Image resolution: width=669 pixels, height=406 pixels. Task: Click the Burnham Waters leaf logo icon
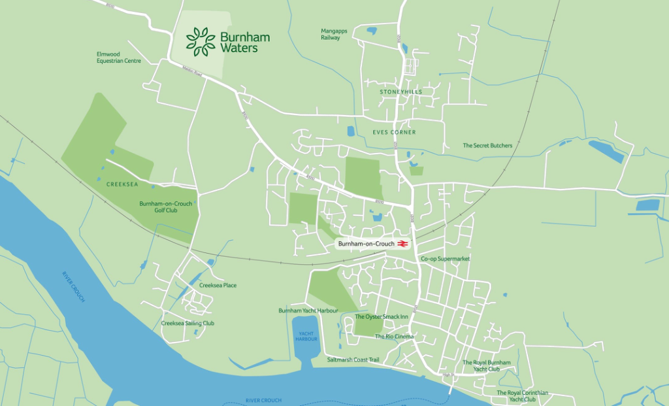[x=201, y=41]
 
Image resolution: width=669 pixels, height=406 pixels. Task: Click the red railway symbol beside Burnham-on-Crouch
[x=404, y=244]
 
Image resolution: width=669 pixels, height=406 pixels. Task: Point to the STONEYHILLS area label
[x=401, y=92]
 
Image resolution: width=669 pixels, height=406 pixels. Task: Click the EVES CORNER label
[x=394, y=133]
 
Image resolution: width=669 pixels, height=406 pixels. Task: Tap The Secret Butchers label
[x=487, y=145]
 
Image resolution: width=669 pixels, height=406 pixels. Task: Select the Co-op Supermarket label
[x=446, y=259]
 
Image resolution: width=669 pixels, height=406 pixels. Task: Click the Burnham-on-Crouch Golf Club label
[x=166, y=207]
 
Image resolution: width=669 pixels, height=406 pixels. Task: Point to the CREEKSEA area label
[x=122, y=184]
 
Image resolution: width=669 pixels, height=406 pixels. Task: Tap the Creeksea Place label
[x=218, y=285]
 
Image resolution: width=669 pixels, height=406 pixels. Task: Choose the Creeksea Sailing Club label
[x=188, y=323]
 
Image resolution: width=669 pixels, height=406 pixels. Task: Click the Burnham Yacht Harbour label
[x=308, y=311]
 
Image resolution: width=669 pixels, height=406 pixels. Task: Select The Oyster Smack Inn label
[x=381, y=317]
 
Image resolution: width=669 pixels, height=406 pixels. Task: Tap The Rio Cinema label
[x=394, y=337]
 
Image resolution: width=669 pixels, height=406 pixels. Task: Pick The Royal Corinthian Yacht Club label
[x=522, y=396]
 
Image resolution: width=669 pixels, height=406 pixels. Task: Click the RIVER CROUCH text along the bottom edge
[x=263, y=399]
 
